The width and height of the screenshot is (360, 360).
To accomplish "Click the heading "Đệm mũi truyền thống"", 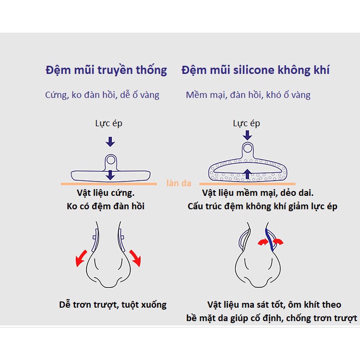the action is [106, 70].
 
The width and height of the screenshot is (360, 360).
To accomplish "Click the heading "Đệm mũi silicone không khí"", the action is [255, 70].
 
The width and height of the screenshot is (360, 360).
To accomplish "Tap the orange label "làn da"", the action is [179, 183].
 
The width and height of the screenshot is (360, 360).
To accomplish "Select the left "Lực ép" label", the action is [108, 123].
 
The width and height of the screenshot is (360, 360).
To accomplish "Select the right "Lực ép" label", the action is [247, 123].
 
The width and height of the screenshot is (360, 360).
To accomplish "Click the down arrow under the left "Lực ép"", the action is [110, 141].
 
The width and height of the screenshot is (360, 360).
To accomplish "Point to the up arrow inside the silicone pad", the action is [247, 174].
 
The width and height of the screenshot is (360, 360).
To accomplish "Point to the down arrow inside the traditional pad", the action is [111, 174].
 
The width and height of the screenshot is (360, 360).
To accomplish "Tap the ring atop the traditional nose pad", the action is [111, 159].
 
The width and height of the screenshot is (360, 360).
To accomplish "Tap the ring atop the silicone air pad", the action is [247, 147].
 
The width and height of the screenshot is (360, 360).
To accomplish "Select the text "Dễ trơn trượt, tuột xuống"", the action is [113, 304].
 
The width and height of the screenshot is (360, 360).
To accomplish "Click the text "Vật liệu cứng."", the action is [106, 194].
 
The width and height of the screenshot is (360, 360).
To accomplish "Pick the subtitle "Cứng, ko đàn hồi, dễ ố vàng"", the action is [102, 95].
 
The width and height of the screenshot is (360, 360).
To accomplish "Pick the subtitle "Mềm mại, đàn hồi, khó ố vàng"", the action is [248, 95].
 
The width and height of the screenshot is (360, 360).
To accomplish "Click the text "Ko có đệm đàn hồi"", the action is [106, 206].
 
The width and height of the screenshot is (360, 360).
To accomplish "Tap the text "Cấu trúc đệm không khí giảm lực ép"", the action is [262, 206].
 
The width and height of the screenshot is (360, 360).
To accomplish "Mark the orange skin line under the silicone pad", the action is [247, 184].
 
